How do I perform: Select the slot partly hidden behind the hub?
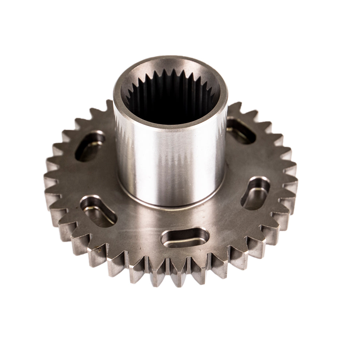pyautogui.click(x=240, y=129)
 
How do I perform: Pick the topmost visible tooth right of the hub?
pyautogui.click(x=236, y=107)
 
